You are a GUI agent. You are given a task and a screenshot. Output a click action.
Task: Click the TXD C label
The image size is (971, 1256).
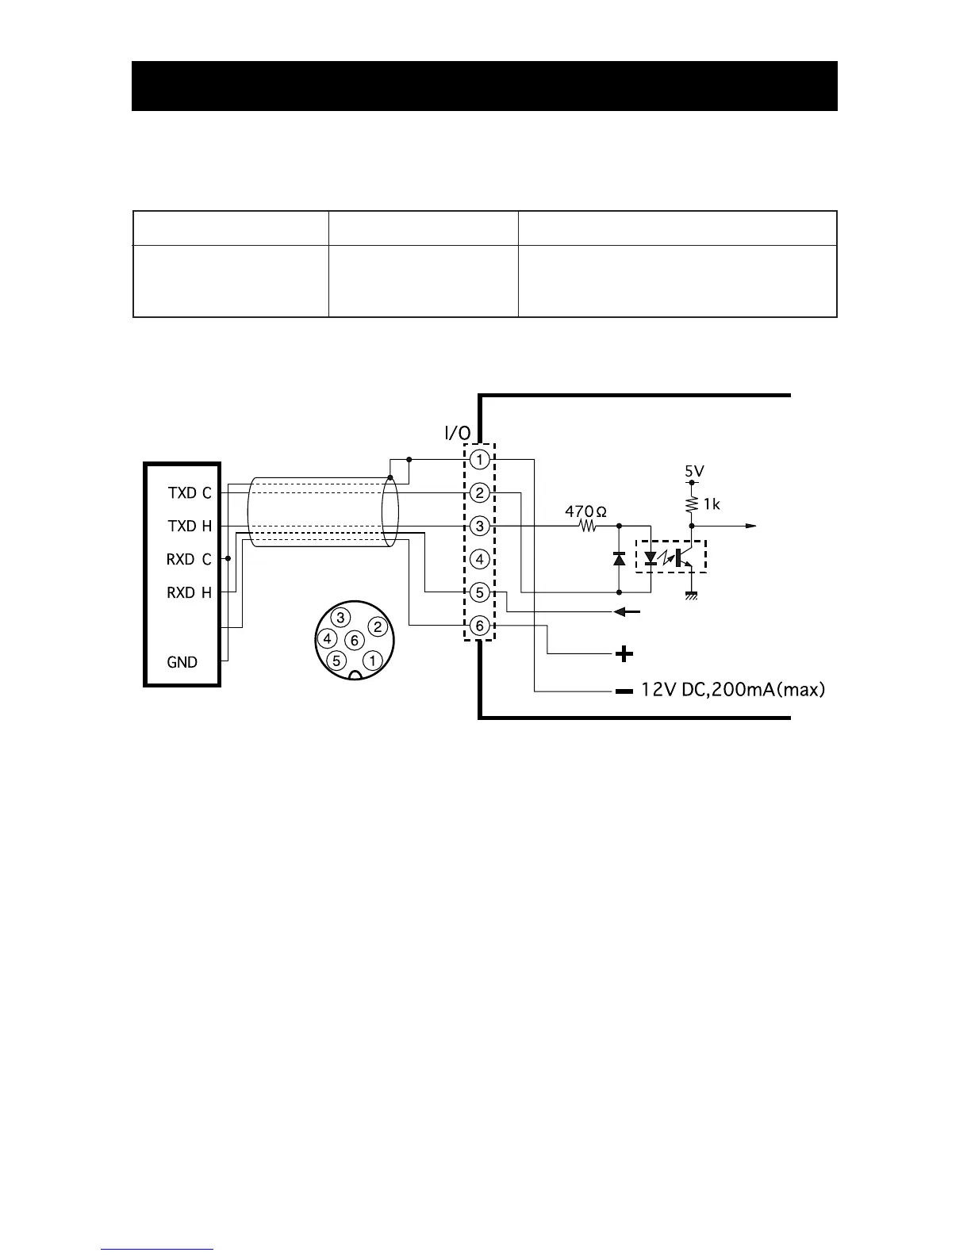(190, 492)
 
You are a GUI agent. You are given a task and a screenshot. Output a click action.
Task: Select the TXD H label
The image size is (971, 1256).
(190, 526)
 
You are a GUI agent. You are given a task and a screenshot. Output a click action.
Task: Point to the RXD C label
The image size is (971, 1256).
(189, 559)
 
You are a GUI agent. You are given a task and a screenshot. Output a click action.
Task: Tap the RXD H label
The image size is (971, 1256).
(189, 592)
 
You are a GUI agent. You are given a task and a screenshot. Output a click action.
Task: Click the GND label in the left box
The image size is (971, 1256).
(182, 662)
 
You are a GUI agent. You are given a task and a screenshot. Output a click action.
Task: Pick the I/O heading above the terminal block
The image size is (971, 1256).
(457, 432)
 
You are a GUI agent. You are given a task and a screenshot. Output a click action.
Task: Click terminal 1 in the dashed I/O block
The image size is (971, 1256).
(479, 459)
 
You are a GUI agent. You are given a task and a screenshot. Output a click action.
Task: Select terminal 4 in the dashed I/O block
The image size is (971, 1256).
(479, 559)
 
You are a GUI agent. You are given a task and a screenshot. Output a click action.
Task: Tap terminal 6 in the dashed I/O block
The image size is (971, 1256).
(479, 626)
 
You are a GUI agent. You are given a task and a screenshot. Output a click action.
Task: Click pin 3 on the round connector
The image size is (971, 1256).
(340, 618)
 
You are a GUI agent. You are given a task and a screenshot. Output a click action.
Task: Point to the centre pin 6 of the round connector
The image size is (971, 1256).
(355, 640)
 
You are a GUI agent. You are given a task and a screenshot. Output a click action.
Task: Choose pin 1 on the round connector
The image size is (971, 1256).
(372, 660)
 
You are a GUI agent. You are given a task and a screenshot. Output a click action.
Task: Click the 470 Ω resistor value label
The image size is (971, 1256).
(585, 511)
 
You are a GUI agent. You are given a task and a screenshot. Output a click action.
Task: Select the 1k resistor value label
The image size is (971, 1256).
(712, 504)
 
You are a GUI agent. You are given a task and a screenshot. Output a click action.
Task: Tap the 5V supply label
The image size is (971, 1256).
(694, 471)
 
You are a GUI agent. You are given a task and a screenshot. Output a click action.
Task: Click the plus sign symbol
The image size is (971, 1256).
(625, 653)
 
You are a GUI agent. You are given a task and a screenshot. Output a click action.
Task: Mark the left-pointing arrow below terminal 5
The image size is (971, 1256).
(628, 612)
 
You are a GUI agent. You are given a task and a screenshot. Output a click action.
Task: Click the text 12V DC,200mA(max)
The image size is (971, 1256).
(733, 690)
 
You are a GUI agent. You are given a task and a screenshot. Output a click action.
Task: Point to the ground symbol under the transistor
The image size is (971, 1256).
(691, 596)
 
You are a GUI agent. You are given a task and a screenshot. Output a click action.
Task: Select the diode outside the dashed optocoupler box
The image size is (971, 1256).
(619, 558)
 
